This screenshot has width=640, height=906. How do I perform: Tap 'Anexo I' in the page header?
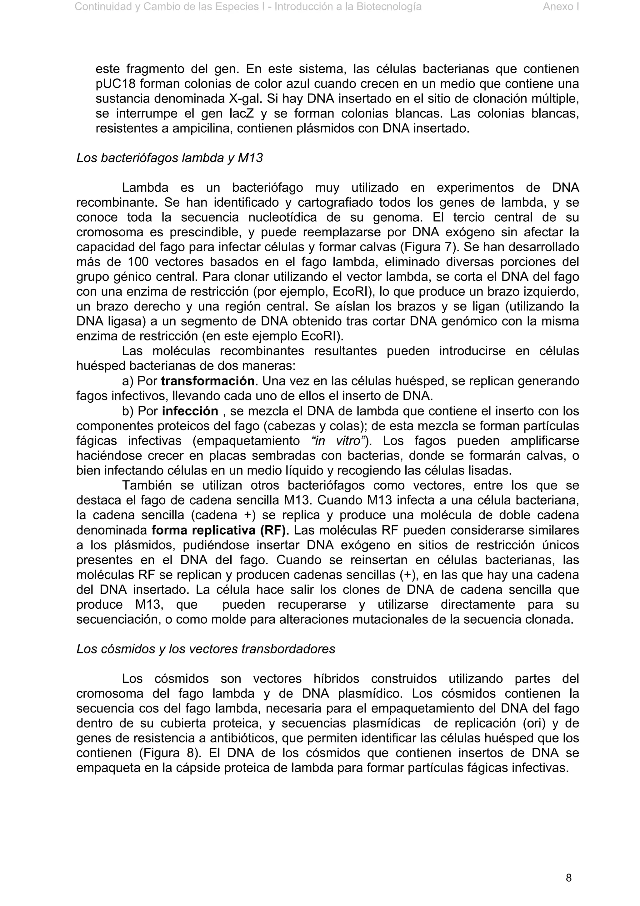point(560,7)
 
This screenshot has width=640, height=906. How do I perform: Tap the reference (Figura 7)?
point(429,247)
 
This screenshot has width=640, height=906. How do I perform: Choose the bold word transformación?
point(207,381)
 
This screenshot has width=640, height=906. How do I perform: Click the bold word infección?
point(190,411)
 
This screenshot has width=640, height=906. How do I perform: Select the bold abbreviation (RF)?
point(273,530)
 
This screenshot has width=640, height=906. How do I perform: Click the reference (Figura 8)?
point(169,753)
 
